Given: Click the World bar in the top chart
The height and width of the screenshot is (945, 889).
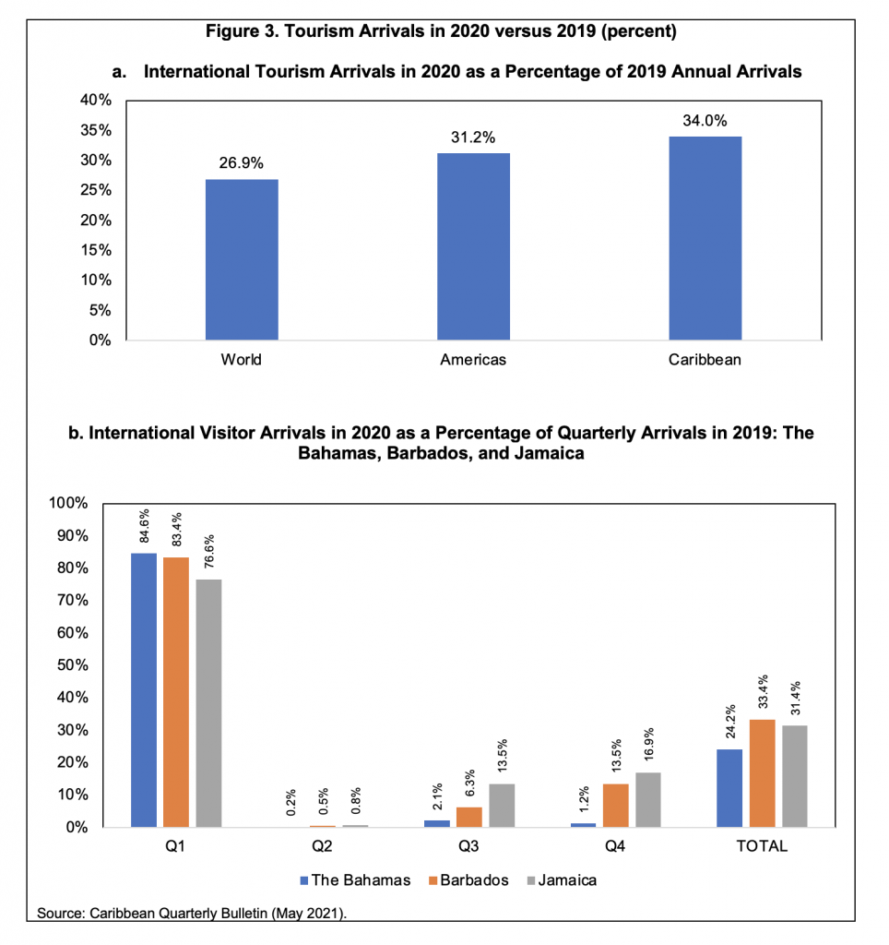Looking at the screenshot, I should pos(242,259).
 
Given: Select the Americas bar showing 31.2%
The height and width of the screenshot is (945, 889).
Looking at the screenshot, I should pos(473,246).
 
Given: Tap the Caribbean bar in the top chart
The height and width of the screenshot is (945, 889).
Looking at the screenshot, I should pos(705,238).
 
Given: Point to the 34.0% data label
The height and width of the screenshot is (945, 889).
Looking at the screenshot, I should pos(705,121).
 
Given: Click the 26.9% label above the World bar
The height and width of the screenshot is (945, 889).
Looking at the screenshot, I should pos(242,163).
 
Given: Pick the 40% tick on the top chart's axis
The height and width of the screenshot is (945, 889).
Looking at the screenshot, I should pos(97,100).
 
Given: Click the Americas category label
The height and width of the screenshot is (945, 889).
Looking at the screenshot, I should pos(473,360).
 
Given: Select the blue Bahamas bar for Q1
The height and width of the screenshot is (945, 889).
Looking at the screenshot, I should pos(144,689).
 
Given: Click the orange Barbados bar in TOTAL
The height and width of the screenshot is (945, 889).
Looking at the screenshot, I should pos(762,772).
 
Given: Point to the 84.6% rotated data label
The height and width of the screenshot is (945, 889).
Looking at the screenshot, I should pos(144,527).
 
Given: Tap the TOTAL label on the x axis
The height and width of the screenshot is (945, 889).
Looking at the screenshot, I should pos(762,846).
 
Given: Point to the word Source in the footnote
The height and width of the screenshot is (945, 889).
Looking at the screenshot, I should pos(60,914).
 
